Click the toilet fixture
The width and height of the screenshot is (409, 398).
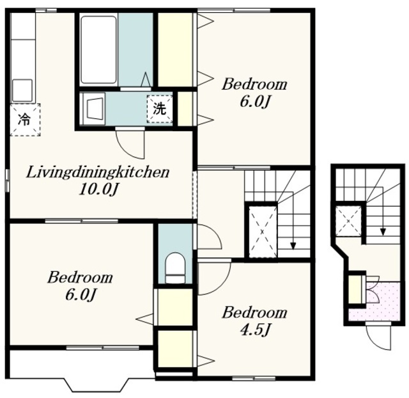[175, 268]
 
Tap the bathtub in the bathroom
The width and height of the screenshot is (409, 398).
[98, 50]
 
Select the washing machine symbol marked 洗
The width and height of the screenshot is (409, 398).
[160, 109]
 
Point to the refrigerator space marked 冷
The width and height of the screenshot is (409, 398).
[25, 120]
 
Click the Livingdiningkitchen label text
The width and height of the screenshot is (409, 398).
[98, 172]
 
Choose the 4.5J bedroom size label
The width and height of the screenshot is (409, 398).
[254, 330]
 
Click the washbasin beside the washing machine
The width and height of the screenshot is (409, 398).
[94, 109]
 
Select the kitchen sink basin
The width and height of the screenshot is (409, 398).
[22, 90]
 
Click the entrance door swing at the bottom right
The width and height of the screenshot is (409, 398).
[379, 337]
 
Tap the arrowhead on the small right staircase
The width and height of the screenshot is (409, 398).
[383, 232]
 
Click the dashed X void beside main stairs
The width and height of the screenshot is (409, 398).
[263, 232]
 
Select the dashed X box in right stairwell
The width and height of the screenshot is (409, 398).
[348, 221]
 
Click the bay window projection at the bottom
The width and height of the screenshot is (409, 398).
[96, 385]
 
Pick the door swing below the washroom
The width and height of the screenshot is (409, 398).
[130, 144]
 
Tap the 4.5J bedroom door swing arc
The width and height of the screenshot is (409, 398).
[215, 278]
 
